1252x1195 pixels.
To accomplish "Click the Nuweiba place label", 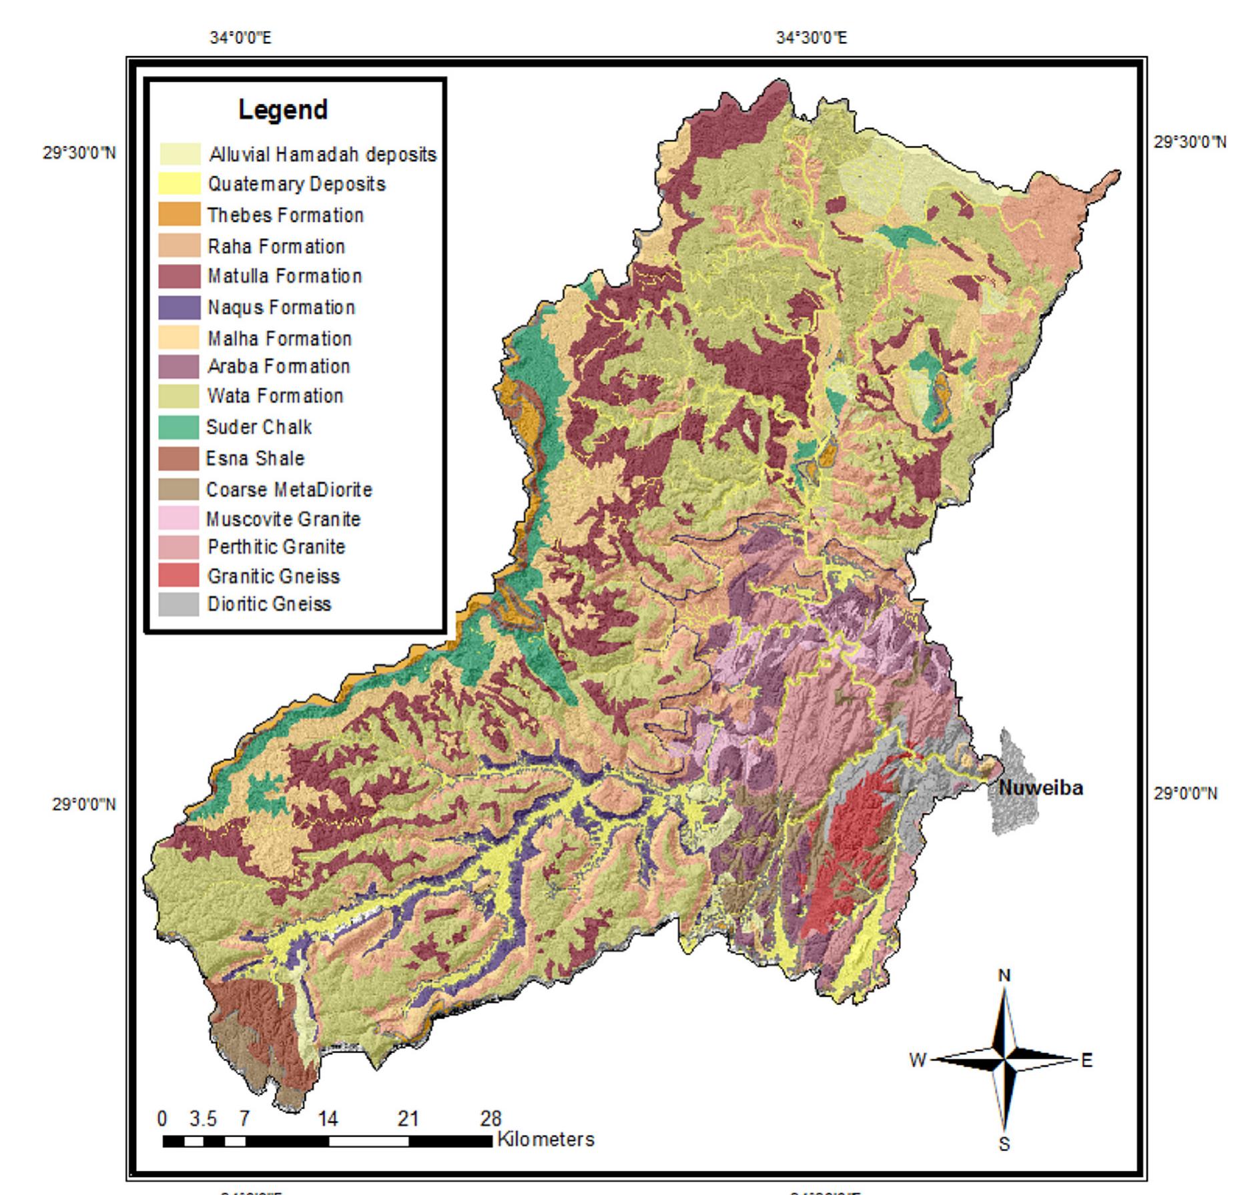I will tap(1040, 788).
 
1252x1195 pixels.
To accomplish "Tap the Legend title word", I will tap(283, 109).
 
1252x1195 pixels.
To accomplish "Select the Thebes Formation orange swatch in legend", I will tap(180, 215).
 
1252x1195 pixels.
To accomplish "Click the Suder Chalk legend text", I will tap(259, 427).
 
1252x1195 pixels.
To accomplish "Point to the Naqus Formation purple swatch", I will tap(180, 308).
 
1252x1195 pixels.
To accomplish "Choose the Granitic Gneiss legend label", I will tap(274, 576).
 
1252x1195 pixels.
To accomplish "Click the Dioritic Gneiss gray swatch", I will tap(179, 605).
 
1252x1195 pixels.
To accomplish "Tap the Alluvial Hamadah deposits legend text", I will tap(323, 155).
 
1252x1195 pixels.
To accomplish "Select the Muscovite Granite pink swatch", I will tap(179, 518).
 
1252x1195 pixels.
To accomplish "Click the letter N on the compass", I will tap(1004, 976).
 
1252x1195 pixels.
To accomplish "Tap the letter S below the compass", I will tap(1004, 1144).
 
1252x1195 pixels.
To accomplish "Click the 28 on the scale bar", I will tap(491, 1119).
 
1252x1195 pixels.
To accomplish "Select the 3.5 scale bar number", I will tap(203, 1119).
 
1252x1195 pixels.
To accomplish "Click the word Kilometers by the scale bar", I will tap(545, 1140).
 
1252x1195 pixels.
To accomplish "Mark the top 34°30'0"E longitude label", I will tap(812, 38).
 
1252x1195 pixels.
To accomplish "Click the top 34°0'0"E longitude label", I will tap(241, 38).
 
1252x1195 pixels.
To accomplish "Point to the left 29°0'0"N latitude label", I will tap(84, 804).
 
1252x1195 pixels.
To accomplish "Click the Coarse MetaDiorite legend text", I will tap(289, 490).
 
